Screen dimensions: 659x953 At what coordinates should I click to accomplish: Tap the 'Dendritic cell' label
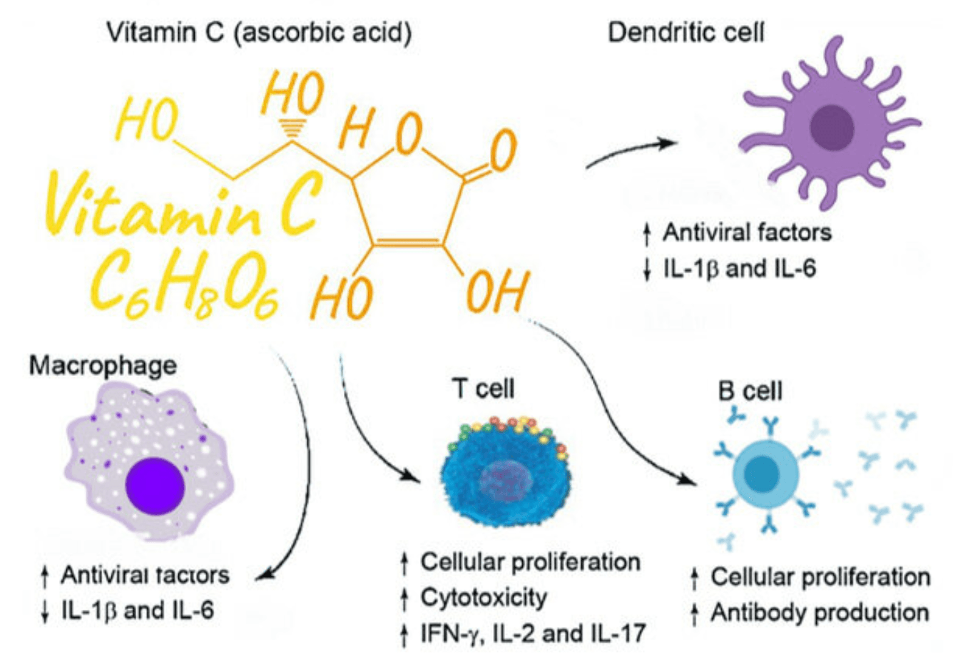tap(685, 33)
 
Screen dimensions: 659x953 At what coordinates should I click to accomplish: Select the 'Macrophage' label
tap(103, 365)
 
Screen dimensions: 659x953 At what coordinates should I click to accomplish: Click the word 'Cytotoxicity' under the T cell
tap(484, 597)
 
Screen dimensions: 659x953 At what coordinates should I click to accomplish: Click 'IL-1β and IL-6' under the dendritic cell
tap(740, 269)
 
